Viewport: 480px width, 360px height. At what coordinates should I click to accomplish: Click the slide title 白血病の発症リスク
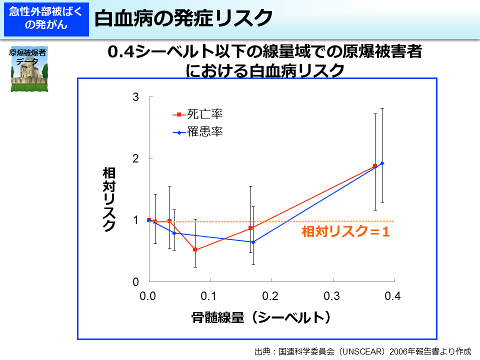(183, 18)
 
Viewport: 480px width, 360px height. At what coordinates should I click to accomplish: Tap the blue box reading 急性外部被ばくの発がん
(45, 18)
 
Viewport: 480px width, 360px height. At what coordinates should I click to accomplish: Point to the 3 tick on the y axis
(135, 97)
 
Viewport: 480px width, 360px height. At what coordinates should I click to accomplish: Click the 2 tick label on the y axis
(135, 158)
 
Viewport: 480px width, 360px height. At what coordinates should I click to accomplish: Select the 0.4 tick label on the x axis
(393, 296)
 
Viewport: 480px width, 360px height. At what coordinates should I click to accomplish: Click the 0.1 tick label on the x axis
(210, 296)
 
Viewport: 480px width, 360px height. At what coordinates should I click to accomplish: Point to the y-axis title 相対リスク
(109, 199)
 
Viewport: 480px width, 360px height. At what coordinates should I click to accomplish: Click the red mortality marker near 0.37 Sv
(375, 166)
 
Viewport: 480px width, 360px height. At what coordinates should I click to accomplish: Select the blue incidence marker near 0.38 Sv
(382, 163)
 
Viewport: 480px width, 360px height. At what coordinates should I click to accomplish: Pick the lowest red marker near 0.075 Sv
(195, 249)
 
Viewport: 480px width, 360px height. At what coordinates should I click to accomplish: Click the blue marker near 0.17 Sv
(253, 242)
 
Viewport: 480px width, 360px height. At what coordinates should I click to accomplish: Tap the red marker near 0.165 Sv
(250, 228)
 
